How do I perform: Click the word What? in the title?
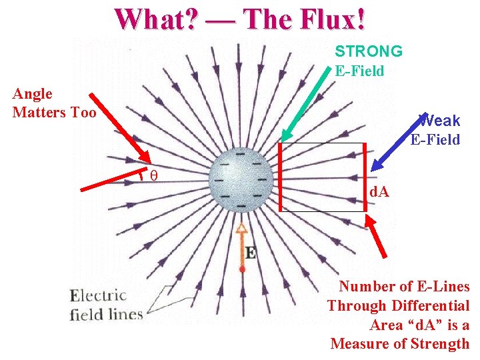pos(155,19)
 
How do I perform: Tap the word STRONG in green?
pos(369,51)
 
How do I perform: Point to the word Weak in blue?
pos(440,121)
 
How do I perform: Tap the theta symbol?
pos(153,175)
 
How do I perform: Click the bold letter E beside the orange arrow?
pos(251,253)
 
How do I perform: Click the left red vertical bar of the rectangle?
pos(281,176)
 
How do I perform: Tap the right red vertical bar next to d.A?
pos(365,177)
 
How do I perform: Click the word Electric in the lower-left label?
pos(98,295)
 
